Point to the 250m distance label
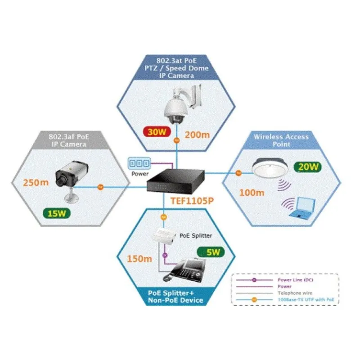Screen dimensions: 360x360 click(37, 182)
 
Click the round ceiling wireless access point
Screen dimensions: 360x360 click(269, 167)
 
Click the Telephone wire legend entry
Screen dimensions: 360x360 click(291, 292)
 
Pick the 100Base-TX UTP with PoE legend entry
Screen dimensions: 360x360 click(302, 300)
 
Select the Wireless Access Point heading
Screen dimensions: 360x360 click(281, 140)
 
